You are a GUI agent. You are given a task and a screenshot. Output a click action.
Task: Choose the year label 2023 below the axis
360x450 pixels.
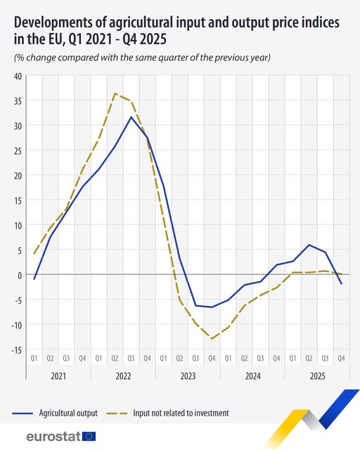188,376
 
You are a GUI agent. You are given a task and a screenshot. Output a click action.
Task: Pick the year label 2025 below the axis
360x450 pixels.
317,376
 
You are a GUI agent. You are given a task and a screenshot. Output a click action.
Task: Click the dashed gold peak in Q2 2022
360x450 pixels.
115,94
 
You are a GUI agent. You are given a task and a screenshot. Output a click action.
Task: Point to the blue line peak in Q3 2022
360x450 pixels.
131,117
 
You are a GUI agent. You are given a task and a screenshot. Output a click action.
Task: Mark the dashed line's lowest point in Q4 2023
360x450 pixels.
212,339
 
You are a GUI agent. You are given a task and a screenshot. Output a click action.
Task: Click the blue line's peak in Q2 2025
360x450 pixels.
309,245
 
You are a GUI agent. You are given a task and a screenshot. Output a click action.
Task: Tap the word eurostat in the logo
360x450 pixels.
52,437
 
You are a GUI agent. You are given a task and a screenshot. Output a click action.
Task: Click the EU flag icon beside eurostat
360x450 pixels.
89,437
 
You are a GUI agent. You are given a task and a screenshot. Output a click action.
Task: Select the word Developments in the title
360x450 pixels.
56,23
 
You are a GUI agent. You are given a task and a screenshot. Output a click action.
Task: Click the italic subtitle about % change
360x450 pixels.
141,57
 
